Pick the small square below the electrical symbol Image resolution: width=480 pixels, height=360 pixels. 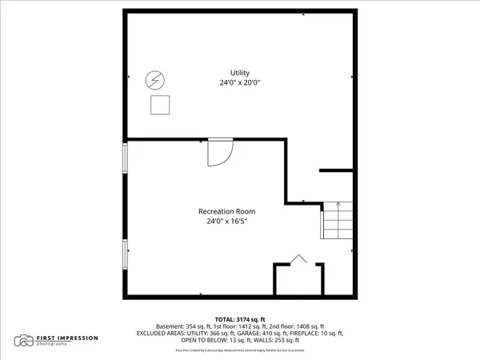coord(162,105)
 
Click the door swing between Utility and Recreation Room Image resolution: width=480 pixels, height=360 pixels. coord(218,152)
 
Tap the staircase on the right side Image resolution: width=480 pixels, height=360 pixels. coord(336,222)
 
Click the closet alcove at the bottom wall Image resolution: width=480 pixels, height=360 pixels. coord(298,280)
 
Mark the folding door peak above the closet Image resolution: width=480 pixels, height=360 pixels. coord(298,257)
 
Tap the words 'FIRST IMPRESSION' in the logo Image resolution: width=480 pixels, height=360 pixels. coord(67,338)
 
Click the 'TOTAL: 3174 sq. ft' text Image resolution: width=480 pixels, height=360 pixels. coord(239,319)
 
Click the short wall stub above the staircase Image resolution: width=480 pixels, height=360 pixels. coord(336,170)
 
